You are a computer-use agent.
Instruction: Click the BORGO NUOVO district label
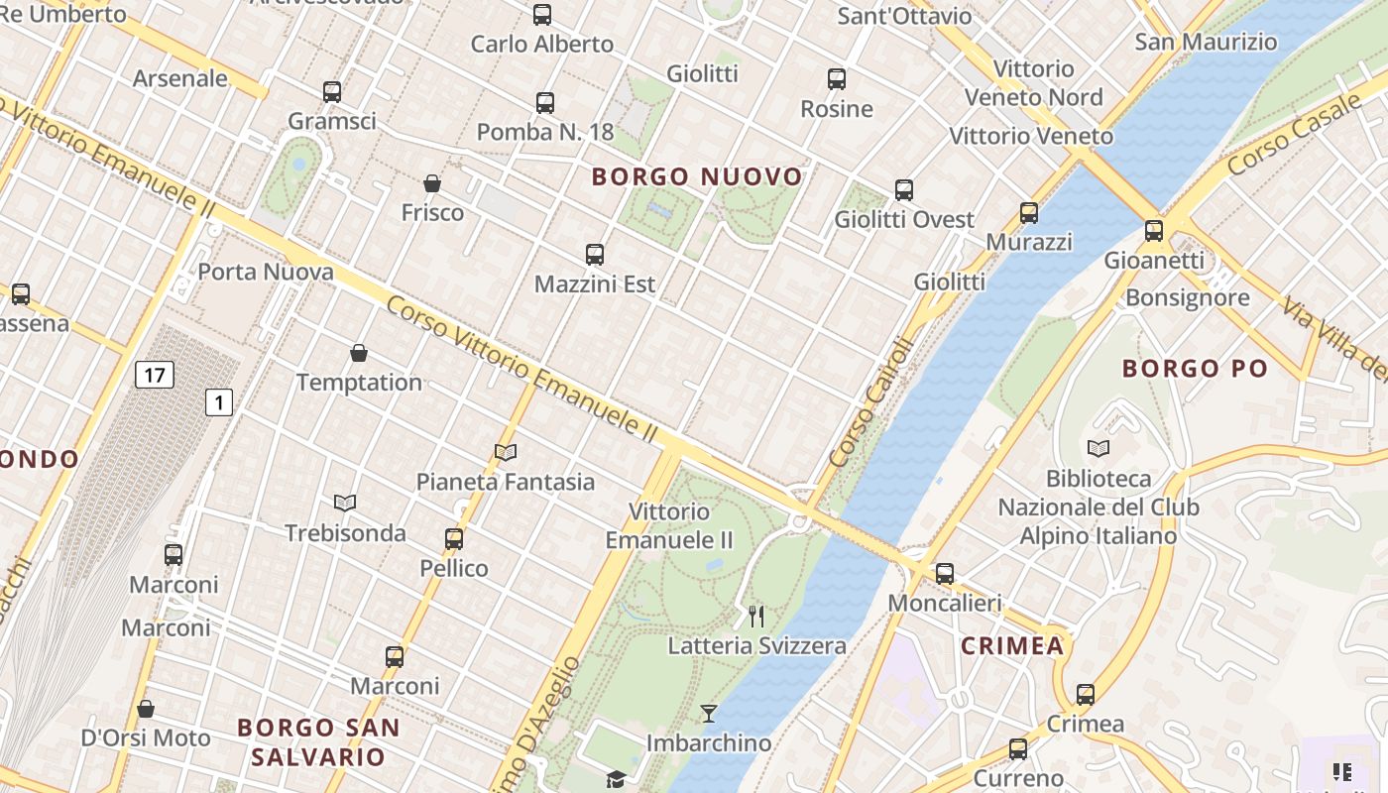[697, 177]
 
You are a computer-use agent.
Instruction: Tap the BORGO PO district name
[1195, 369]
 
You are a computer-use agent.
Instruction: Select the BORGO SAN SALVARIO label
[318, 742]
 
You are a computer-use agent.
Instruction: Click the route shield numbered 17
[154, 375]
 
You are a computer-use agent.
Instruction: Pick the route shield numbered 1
[219, 402]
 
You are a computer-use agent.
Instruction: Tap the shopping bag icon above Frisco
[432, 183]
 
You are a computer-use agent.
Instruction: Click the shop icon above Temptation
[359, 353]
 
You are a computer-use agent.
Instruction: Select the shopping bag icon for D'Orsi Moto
[146, 709]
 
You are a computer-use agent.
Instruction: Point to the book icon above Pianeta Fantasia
[506, 453]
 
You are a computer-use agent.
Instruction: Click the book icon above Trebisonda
[345, 504]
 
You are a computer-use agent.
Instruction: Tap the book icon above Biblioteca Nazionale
[1099, 448]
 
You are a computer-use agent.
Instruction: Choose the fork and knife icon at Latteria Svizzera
[756, 617]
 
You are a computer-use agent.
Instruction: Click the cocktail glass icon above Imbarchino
[709, 713]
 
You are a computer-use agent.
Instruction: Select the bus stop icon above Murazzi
[1029, 212]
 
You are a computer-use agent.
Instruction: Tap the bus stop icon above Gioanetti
[1154, 230]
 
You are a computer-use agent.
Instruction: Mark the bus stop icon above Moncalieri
[945, 573]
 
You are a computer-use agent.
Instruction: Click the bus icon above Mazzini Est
[595, 254]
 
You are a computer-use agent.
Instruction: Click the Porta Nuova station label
[266, 272]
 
